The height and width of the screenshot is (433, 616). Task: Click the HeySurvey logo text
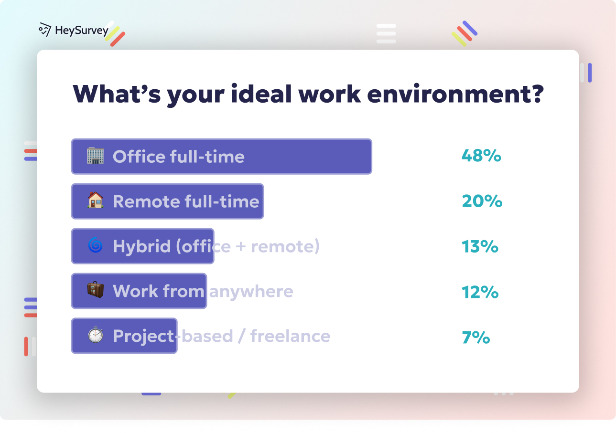point(82,31)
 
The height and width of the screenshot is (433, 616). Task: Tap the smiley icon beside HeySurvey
point(45,30)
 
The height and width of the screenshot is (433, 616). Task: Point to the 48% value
point(481,156)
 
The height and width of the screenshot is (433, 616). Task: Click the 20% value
point(482,201)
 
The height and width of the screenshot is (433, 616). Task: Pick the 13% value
point(480,246)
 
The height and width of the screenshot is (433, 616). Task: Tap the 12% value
point(480,291)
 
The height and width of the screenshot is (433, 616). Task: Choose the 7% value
point(476,337)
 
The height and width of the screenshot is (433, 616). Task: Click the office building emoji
point(95,156)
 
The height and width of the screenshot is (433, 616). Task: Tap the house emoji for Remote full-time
point(95,201)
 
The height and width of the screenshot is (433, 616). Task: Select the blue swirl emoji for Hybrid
point(95,246)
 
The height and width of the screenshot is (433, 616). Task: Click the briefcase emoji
point(95,290)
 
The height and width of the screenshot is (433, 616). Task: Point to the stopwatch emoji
point(95,335)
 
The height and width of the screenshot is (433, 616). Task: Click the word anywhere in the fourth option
point(251,291)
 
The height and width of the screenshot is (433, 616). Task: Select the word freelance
point(290,336)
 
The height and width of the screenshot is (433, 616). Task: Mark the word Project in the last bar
point(143,336)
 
